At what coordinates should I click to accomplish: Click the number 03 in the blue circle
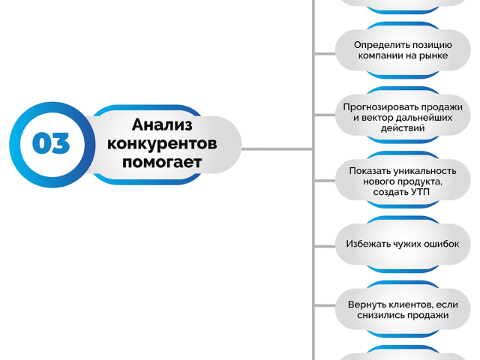pyautogui.click(x=51, y=143)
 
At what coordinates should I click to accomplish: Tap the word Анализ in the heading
pyautogui.click(x=162, y=124)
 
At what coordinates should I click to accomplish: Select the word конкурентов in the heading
pyautogui.click(x=162, y=143)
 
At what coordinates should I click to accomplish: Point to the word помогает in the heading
pyautogui.click(x=162, y=162)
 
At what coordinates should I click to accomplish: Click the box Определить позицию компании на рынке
pyautogui.click(x=403, y=50)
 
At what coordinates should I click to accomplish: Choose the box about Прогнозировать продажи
pyautogui.click(x=403, y=115)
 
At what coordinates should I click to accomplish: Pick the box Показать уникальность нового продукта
pyautogui.click(x=403, y=180)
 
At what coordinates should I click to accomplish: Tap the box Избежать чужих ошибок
pyautogui.click(x=403, y=244)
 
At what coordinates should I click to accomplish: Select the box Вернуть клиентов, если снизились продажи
pyautogui.click(x=403, y=310)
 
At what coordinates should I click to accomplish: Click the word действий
pyautogui.click(x=403, y=128)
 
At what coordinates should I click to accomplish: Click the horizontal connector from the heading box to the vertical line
pyautogui.click(x=277, y=149)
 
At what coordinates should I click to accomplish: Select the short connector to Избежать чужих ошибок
pyautogui.click(x=325, y=247)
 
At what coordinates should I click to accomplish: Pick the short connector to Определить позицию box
pyautogui.click(x=325, y=54)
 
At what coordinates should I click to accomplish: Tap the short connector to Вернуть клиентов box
pyautogui.click(x=325, y=305)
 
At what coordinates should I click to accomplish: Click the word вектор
pyautogui.click(x=379, y=118)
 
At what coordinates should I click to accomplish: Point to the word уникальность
pyautogui.click(x=424, y=171)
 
